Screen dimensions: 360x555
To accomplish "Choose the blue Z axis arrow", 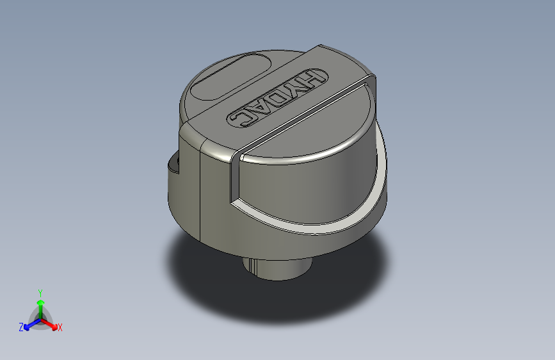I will click(x=29, y=325).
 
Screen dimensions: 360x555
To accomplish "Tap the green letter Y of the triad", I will click(x=40, y=291).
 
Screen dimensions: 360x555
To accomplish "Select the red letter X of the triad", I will click(x=60, y=327).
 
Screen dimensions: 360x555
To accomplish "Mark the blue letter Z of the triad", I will click(x=21, y=327).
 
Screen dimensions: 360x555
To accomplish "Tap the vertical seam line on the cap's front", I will click(x=200, y=192).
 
